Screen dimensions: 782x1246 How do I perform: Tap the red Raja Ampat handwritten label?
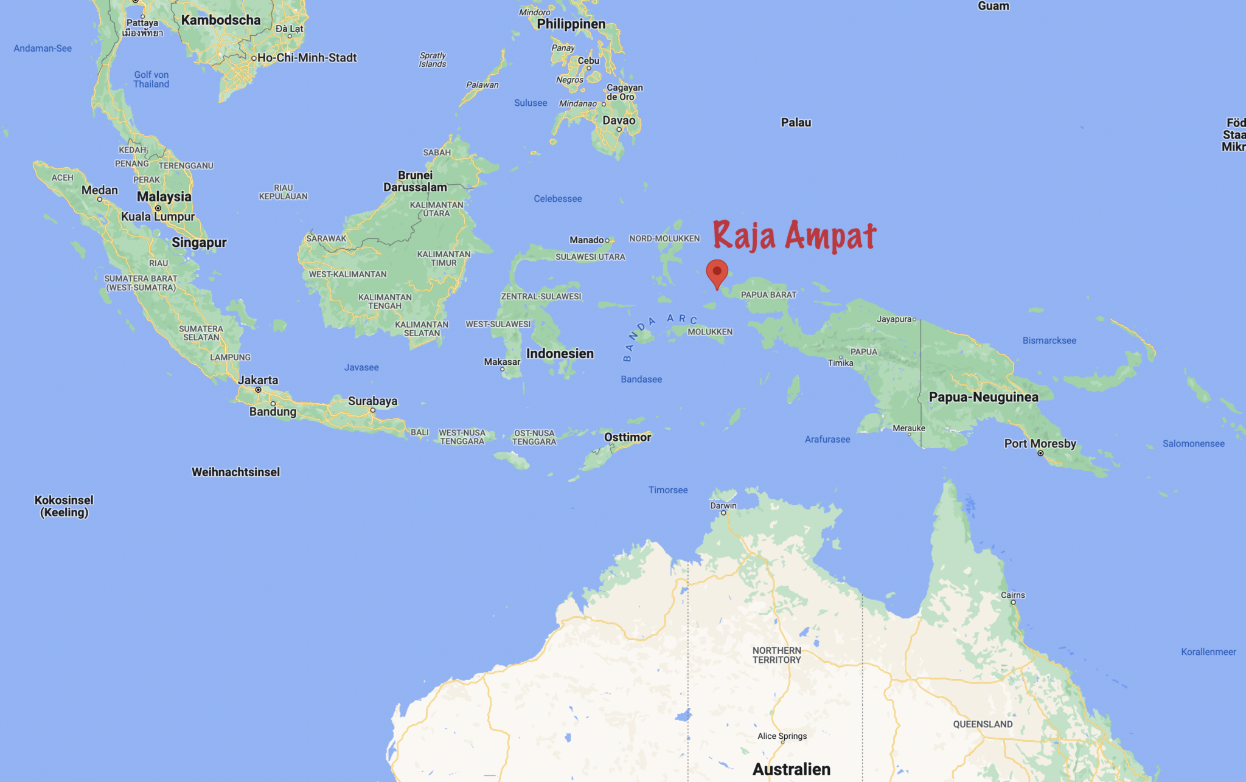[x=794, y=235]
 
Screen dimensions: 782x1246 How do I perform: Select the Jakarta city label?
[x=258, y=380]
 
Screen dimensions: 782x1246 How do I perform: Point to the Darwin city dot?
[x=723, y=513]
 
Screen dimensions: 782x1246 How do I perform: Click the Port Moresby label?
[x=1040, y=443]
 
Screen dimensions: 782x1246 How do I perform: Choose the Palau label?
[x=796, y=122]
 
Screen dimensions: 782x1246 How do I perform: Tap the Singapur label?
[x=199, y=243]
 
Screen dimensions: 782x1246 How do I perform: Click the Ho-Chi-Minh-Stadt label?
[x=307, y=58]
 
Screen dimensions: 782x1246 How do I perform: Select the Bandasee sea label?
[x=641, y=379]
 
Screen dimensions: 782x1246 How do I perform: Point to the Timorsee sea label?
[x=667, y=490]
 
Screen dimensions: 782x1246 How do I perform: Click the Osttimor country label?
[x=627, y=437]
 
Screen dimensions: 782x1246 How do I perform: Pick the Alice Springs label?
[x=782, y=736]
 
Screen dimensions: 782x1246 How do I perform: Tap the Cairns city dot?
[x=1013, y=602]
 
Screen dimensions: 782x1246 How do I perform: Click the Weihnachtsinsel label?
[x=235, y=472]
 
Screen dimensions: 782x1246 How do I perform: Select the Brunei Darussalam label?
[x=415, y=181]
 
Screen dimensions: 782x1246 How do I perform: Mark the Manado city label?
[x=586, y=240]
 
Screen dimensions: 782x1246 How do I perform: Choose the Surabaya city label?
[x=372, y=401]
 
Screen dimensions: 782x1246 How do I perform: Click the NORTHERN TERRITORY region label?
[x=776, y=655]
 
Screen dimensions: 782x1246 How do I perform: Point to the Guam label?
[x=993, y=6]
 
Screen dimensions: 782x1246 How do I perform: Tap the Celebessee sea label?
[x=557, y=199]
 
